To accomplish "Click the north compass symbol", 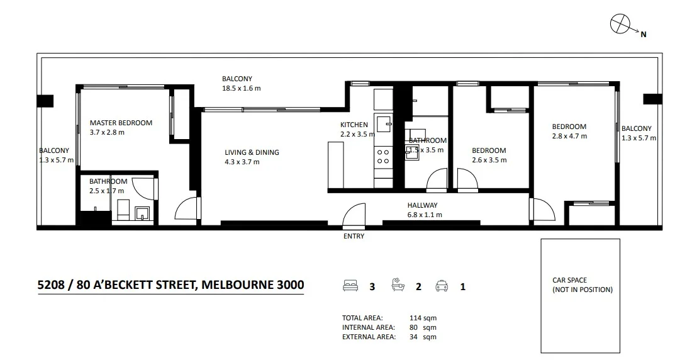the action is pyautogui.click(x=621, y=24).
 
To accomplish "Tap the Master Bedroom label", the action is pyautogui.click(x=121, y=123).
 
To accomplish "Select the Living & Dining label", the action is pyautogui.click(x=252, y=152).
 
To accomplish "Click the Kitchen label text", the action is pyautogui.click(x=354, y=125).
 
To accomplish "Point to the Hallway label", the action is pyautogui.click(x=422, y=205).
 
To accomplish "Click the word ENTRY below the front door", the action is pyautogui.click(x=354, y=236).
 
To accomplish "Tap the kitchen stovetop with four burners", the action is pyautogui.click(x=383, y=156).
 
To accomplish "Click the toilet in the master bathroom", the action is pyautogui.click(x=123, y=210).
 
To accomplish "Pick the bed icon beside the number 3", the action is pyautogui.click(x=350, y=285).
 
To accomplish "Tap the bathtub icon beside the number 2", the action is pyautogui.click(x=398, y=284).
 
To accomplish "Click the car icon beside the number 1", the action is pyautogui.click(x=442, y=285).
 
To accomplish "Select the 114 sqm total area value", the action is pyautogui.click(x=423, y=318).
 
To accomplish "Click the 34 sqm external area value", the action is pyautogui.click(x=423, y=337).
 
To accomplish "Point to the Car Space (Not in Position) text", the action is pyautogui.click(x=583, y=285).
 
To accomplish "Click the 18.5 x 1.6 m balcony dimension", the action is pyautogui.click(x=242, y=88).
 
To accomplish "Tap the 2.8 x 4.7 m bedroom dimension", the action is pyautogui.click(x=569, y=137).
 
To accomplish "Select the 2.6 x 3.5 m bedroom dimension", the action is pyautogui.click(x=489, y=160).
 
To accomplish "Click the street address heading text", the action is pyautogui.click(x=170, y=284).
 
